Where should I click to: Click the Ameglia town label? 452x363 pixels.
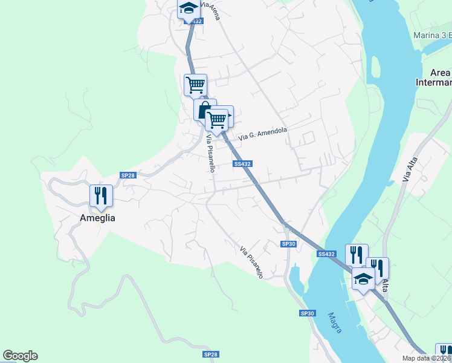point(97,218)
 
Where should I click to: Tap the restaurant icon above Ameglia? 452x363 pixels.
point(101,195)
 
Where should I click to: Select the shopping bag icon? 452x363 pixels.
point(204,110)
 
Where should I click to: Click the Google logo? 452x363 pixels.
point(20,356)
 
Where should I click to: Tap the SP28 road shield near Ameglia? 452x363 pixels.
point(128,175)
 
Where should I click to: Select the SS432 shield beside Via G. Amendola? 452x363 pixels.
point(242,164)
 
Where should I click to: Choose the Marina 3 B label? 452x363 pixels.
point(432,35)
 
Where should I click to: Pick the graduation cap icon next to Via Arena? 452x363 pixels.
point(189,8)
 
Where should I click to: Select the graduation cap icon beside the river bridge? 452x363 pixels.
point(363,279)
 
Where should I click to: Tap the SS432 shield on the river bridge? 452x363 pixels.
point(326,254)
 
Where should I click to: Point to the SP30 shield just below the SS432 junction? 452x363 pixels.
point(289,244)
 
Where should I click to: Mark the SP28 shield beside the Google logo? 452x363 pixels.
point(210,354)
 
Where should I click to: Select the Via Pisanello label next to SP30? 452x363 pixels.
point(251,262)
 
